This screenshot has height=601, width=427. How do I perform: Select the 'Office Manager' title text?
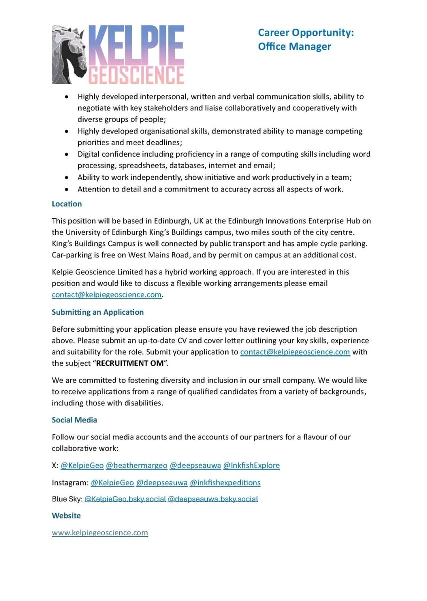tap(294, 46)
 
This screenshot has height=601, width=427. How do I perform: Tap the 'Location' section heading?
tap(67, 204)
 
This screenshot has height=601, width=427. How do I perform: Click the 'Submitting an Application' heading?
tap(98, 312)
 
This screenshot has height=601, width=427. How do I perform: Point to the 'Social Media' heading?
tap(74, 419)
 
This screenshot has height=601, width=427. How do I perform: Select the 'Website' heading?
tap(66, 515)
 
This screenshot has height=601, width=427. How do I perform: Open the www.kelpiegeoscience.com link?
tap(100, 532)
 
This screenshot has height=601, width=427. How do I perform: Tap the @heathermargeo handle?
tap(136, 465)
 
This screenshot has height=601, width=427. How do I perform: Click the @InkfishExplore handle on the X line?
tap(251, 465)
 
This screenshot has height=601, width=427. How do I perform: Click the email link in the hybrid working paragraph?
tap(107, 295)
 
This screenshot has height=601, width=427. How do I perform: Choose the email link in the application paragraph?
tap(295, 352)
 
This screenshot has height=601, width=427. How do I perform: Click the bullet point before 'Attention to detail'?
tap(67, 190)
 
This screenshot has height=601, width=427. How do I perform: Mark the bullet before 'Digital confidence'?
tap(67, 154)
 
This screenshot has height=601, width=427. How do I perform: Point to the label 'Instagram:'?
tap(69, 483)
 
